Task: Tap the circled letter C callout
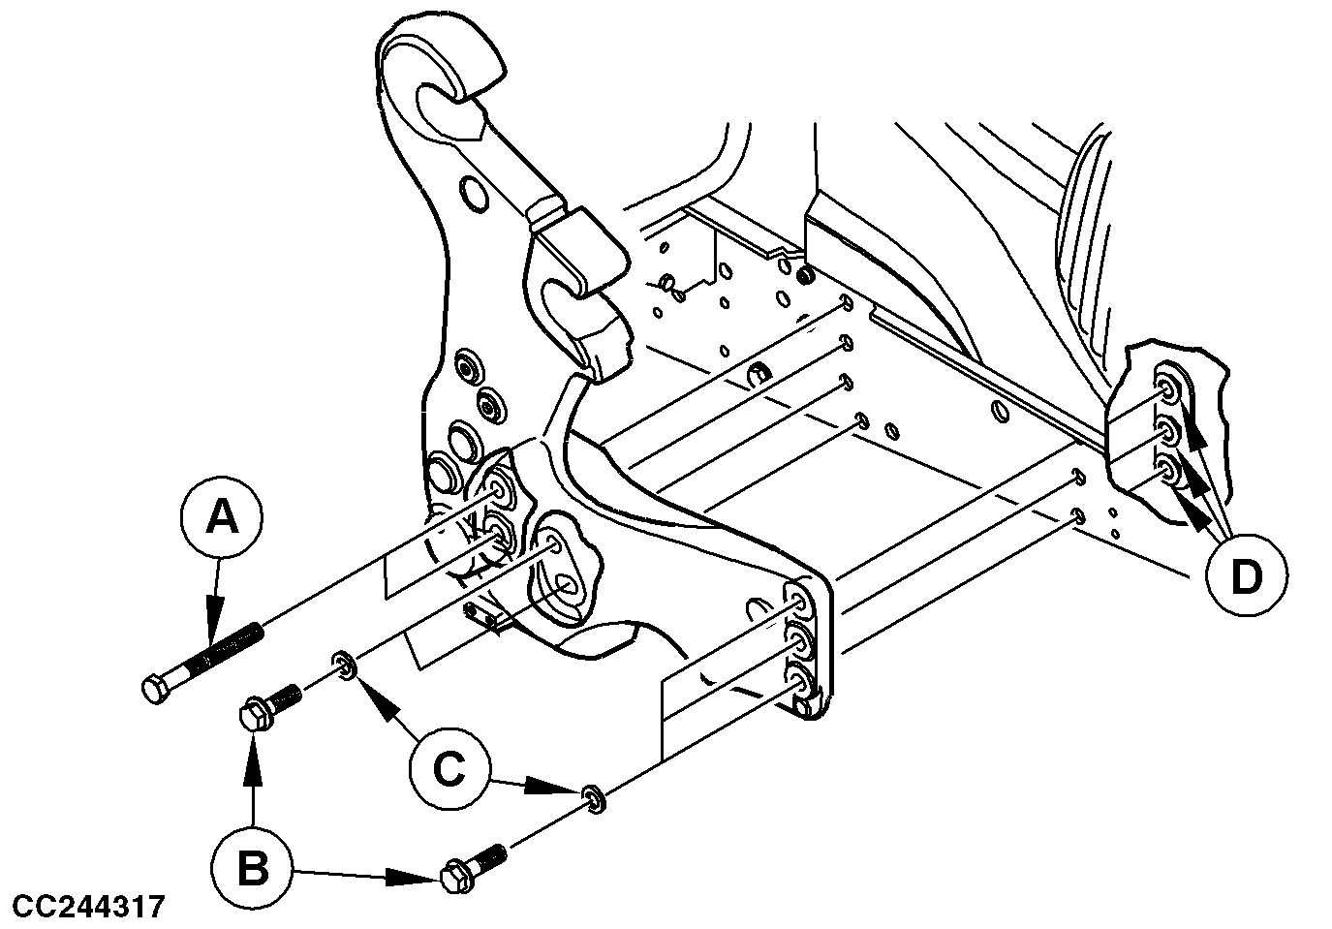click(x=448, y=769)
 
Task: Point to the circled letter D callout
click(x=1246, y=577)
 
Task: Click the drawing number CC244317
click(x=83, y=908)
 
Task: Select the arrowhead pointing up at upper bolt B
click(x=253, y=746)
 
